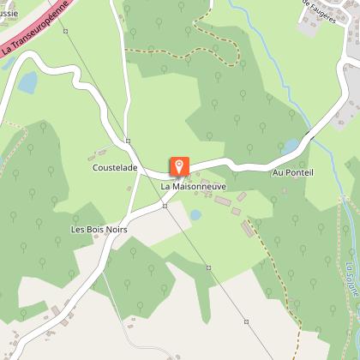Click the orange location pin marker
[179, 165]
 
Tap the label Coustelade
[115, 169]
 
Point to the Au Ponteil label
[293, 172]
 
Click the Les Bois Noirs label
[99, 231]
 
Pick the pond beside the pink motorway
[28, 82]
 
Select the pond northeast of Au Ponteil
[291, 147]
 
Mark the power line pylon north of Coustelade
[127, 141]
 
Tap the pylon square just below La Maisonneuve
[165, 206]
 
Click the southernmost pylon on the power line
[246, 322]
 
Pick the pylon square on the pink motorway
[65, 9]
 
